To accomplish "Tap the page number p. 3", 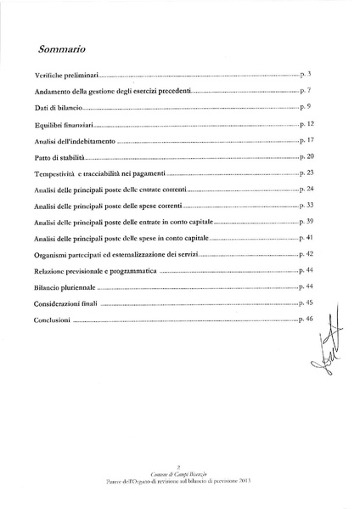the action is click(307, 76).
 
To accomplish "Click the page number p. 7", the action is click(307, 89).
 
